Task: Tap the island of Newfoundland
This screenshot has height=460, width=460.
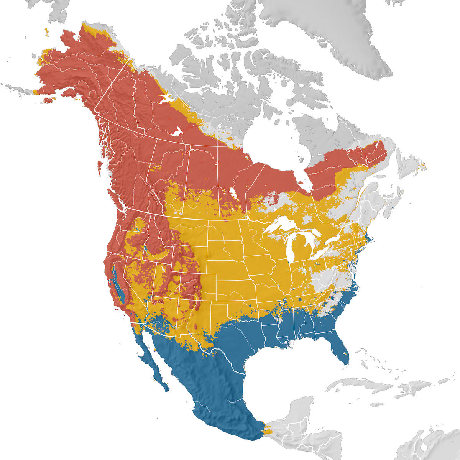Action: [x=410, y=171]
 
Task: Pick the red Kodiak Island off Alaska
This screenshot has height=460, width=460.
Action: [x=49, y=100]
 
